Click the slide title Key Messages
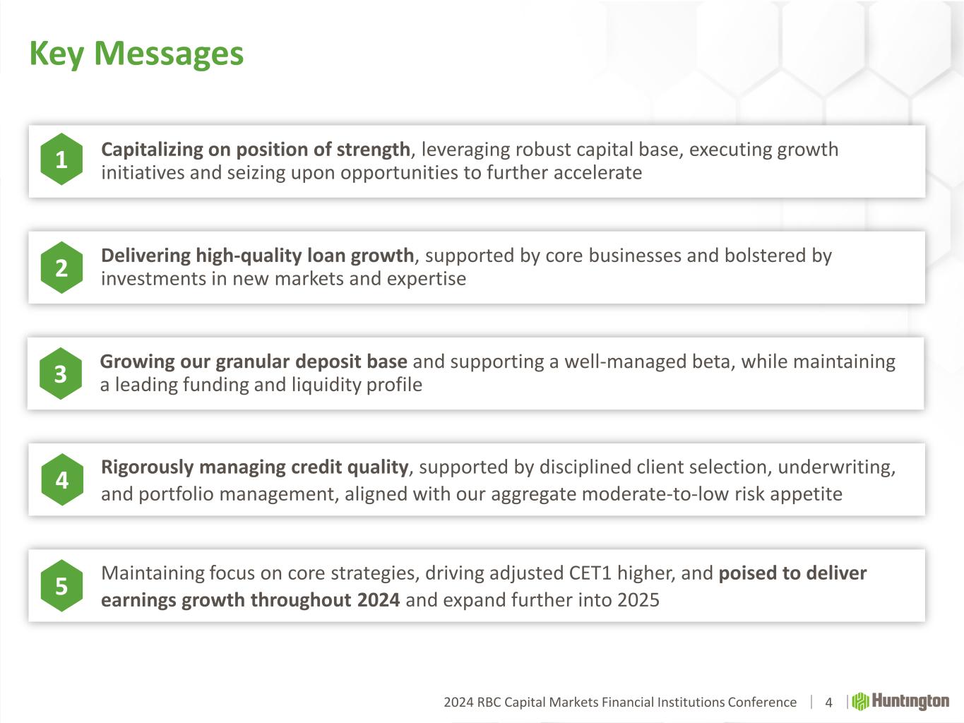click(x=136, y=54)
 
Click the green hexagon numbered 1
click(x=61, y=159)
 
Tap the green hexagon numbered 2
click(x=61, y=268)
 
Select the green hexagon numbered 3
click(x=61, y=374)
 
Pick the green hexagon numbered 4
click(x=62, y=479)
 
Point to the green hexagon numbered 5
click(x=61, y=585)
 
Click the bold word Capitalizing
click(x=152, y=150)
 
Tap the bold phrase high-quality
click(x=249, y=256)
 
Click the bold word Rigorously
click(x=147, y=467)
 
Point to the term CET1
click(x=590, y=573)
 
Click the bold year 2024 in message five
click(x=378, y=600)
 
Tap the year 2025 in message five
click(x=638, y=600)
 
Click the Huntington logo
click(x=900, y=701)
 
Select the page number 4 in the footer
click(x=828, y=703)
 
